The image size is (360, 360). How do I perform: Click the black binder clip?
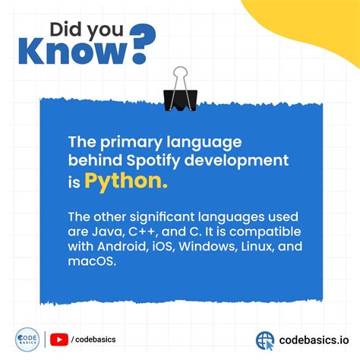[x=180, y=88]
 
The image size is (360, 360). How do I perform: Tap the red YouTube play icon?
[x=58, y=339]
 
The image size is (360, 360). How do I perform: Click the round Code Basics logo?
[x=27, y=339]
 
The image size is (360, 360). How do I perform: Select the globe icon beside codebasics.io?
[x=265, y=339]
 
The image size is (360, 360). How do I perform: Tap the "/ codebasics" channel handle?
[x=93, y=339]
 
